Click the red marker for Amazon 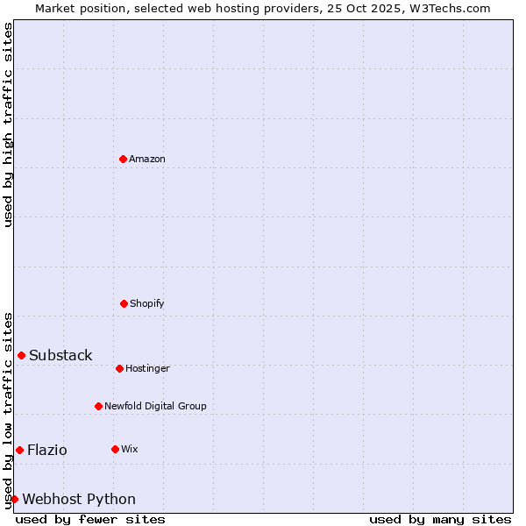click(x=123, y=159)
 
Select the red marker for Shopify click(x=124, y=303)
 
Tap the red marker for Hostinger click(x=119, y=368)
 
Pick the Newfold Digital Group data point click(x=98, y=406)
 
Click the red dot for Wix click(x=115, y=449)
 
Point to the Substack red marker click(x=21, y=355)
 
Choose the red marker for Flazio click(x=19, y=450)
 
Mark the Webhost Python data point click(x=14, y=499)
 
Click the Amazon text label click(x=147, y=159)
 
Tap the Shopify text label click(x=147, y=303)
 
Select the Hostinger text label click(x=147, y=368)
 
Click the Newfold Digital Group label click(x=155, y=406)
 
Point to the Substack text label click(x=60, y=355)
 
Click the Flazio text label click(x=47, y=450)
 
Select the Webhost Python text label click(x=79, y=499)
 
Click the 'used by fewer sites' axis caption click(x=90, y=519)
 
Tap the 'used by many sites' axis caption click(x=440, y=519)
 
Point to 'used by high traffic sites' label click(x=8, y=124)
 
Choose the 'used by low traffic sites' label click(x=8, y=410)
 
